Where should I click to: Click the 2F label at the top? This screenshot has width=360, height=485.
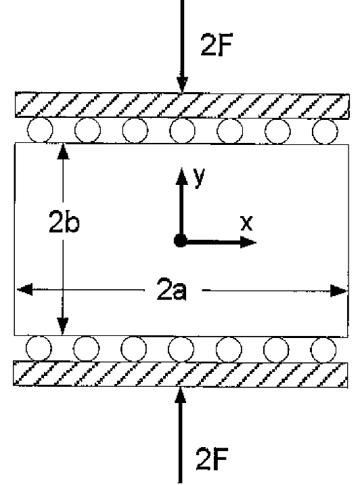pos(216,45)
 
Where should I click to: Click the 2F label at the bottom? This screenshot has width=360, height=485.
pos(212,459)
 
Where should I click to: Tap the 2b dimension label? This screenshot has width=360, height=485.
pos(64,223)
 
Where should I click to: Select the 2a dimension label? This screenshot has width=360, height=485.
pos(172,289)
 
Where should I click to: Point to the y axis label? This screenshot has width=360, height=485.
pos(200,177)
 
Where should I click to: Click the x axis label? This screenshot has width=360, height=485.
pos(246,223)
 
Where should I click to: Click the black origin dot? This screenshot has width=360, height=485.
pos(181,240)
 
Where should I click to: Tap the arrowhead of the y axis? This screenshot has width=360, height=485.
pos(182,176)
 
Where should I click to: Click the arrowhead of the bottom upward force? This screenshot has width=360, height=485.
pos(181,395)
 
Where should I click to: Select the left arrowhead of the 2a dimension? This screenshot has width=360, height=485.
pos(24,289)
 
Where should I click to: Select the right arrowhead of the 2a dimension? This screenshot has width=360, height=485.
pos(339,291)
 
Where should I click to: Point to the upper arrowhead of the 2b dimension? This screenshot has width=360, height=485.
pos(64,151)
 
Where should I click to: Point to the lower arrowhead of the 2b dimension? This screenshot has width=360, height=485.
pos(63,326)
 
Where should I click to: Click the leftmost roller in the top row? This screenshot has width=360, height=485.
pos(40,130)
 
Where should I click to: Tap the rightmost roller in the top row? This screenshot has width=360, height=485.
pos(325,131)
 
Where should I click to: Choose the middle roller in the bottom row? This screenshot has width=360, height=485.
pos(181,350)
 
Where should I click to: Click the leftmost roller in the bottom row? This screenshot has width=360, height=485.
pos(39,349)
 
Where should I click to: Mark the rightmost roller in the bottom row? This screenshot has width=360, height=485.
pos(323,350)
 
